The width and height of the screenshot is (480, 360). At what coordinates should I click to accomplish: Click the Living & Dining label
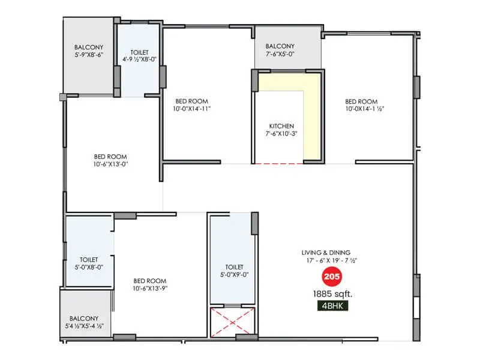(x=326, y=253)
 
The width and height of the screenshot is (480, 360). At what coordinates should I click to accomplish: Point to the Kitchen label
(x=281, y=126)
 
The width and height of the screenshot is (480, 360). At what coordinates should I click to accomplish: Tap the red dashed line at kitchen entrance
(x=279, y=163)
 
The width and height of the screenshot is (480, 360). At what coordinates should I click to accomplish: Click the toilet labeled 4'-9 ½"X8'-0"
(x=139, y=59)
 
